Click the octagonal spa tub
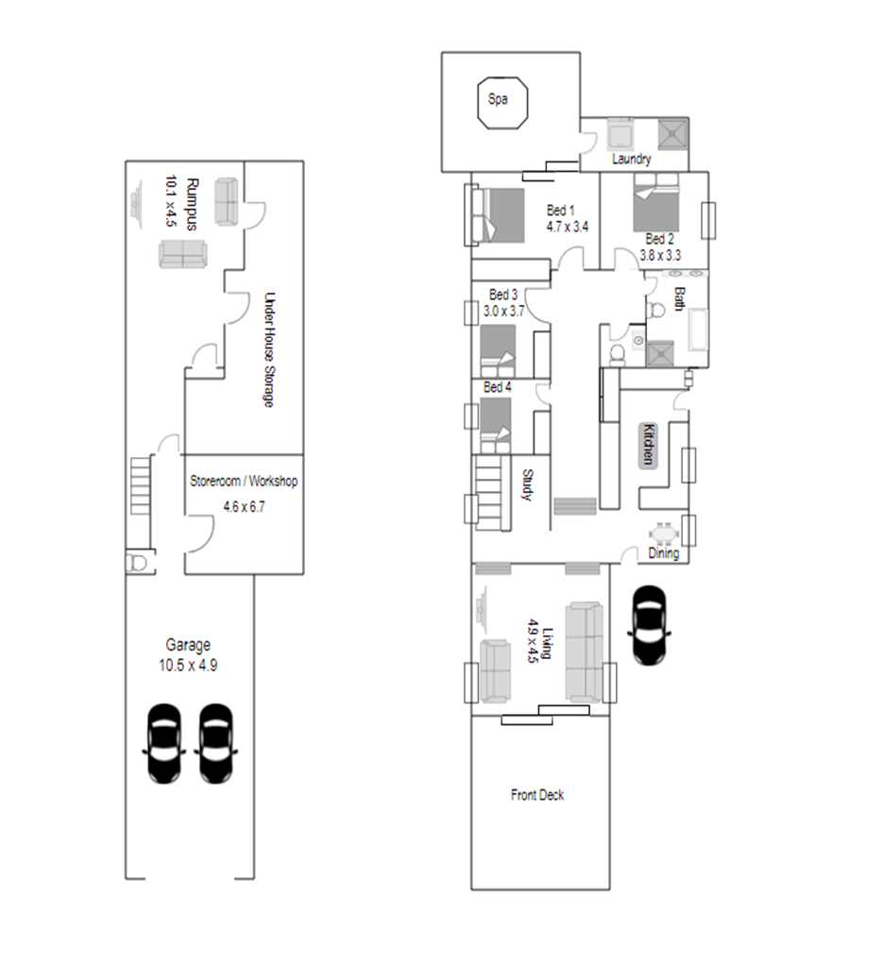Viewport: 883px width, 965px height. coord(502,103)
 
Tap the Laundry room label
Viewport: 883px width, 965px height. coord(632,159)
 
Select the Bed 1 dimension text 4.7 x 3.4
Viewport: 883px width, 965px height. coord(567,227)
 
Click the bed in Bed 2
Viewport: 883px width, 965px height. coord(656,203)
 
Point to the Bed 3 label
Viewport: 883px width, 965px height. coord(503,295)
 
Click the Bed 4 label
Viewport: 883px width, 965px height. coord(497,387)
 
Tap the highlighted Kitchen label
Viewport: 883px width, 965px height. coord(648,445)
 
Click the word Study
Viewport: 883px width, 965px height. coord(527,485)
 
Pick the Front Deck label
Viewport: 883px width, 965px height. coord(537,795)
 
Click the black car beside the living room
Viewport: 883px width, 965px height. coord(649,625)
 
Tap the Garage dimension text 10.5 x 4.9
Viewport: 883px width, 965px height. coord(188,666)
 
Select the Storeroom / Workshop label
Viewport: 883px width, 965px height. coord(244,482)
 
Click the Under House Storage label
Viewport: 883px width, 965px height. coord(269,349)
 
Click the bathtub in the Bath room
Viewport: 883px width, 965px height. coord(698,330)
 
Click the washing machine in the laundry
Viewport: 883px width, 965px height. coord(620,134)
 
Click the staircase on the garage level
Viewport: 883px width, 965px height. coord(141,485)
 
